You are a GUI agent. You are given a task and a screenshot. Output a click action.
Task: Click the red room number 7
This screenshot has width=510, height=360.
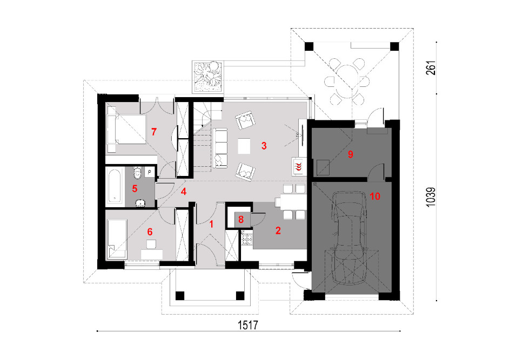pos(154,132)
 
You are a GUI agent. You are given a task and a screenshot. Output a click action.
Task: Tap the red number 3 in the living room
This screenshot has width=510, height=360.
pos(264,146)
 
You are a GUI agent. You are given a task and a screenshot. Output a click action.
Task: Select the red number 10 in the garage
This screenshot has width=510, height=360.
pos(375,196)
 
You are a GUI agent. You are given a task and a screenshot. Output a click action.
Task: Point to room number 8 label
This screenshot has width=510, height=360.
pos(241,219)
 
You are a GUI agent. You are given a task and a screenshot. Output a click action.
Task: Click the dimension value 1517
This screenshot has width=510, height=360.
pos(248,325)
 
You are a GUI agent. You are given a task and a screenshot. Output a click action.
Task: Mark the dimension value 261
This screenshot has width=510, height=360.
pos(431,68)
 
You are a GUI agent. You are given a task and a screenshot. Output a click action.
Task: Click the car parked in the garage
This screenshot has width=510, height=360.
pos(350,238)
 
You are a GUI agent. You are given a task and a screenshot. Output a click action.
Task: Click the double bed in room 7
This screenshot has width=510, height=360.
pos(126,130)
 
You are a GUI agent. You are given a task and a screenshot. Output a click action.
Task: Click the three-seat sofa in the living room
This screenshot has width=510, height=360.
pos(220,148)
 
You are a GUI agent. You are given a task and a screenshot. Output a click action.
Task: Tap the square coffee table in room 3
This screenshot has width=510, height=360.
pos(244,146)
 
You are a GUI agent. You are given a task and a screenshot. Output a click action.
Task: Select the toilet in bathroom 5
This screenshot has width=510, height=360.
pos(137,172)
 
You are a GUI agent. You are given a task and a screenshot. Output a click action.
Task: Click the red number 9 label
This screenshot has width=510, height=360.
pos(350,154)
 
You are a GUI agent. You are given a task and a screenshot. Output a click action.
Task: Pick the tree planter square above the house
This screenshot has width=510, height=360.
pos(207,76)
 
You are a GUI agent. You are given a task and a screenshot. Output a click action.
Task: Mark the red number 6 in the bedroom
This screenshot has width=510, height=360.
pos(150,232)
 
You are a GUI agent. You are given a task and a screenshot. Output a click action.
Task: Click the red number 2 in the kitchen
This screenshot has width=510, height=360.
pos(278,230)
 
